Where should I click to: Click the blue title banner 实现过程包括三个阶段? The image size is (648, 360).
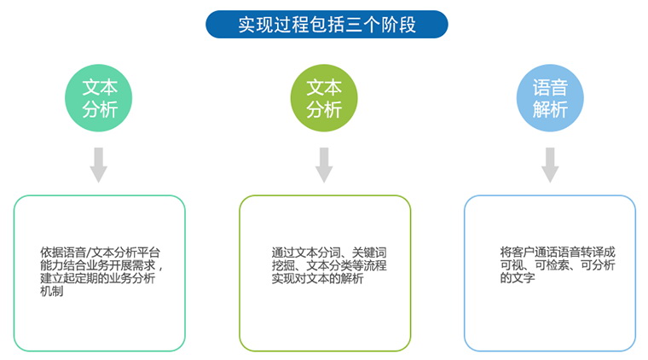327,25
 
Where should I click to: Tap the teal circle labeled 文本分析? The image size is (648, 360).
99,98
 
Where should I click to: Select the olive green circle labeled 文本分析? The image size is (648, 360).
324,98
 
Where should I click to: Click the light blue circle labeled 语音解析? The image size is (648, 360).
550,98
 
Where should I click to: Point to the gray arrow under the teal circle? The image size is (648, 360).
99,165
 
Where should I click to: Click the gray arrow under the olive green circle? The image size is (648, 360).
324,165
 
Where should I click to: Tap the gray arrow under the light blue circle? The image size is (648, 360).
550,165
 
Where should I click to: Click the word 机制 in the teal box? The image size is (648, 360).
52,291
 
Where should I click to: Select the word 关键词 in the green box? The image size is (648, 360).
369,253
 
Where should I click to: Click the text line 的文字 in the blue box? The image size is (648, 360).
518,277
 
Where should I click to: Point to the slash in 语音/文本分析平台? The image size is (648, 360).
88,253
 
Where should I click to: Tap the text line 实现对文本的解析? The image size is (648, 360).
317,278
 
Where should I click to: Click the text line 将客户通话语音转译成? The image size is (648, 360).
558,252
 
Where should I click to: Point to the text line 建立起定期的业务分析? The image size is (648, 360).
97,278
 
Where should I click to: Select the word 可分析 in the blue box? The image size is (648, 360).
598,264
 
